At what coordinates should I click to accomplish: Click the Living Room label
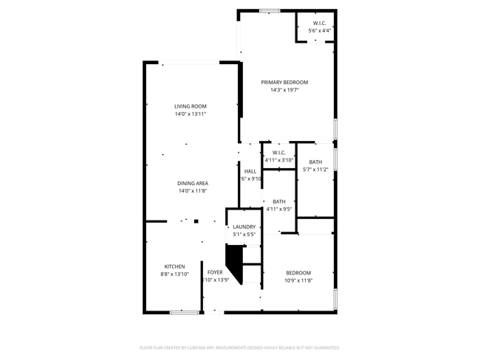point(190,106)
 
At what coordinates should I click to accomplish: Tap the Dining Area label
point(192,183)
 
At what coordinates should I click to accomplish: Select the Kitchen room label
point(174,266)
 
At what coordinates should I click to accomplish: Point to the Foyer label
point(215,272)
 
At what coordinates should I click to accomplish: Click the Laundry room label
point(244,226)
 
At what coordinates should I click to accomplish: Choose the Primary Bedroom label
point(284,82)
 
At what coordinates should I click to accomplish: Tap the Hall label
point(250,171)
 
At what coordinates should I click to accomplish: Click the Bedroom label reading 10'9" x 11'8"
point(298,272)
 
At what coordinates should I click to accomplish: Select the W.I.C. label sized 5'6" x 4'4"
point(320,23)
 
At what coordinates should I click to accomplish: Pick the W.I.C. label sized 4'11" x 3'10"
point(278,152)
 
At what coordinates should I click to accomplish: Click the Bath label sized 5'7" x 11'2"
point(315,162)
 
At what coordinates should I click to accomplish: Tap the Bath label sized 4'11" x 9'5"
point(279,201)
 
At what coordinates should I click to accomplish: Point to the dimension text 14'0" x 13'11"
point(190,114)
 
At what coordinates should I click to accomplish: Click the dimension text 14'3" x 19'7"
point(284,90)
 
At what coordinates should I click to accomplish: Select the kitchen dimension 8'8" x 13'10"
point(174,274)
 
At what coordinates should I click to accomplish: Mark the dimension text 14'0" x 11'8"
point(192,191)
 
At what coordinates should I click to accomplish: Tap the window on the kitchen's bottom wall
point(184,312)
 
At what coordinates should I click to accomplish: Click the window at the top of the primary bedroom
point(269,10)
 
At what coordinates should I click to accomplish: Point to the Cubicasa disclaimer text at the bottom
point(239,347)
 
